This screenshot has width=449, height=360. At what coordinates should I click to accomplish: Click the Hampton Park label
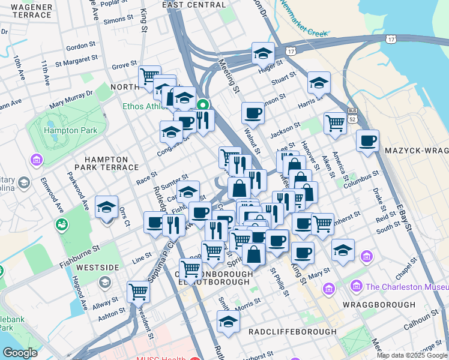(57, 130)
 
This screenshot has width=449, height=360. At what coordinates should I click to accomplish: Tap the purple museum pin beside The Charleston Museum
(358, 286)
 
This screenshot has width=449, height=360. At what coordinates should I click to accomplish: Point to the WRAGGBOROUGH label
(379, 305)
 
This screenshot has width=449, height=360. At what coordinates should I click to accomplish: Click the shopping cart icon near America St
(335, 123)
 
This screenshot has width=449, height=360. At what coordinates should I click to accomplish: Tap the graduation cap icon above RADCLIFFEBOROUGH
(228, 322)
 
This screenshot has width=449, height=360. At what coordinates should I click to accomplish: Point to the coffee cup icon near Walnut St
(253, 113)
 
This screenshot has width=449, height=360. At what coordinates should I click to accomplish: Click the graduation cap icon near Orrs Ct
(106, 208)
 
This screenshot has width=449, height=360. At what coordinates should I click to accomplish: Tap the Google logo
(20, 353)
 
